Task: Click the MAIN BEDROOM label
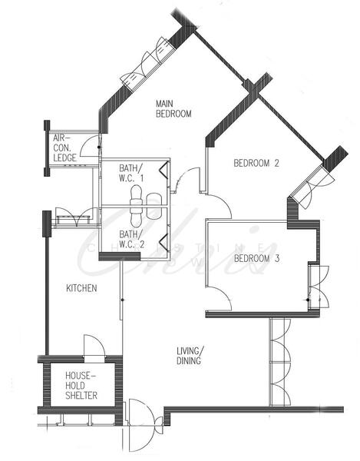pyautogui.click(x=173, y=108)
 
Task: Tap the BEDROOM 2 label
pyautogui.click(x=256, y=163)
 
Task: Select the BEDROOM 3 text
pyautogui.click(x=256, y=258)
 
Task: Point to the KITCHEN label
pyautogui.click(x=81, y=289)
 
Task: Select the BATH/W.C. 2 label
pyautogui.click(x=131, y=239)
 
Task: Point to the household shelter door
pyautogui.click(x=93, y=347)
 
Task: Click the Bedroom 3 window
pyautogui.click(x=314, y=286)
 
